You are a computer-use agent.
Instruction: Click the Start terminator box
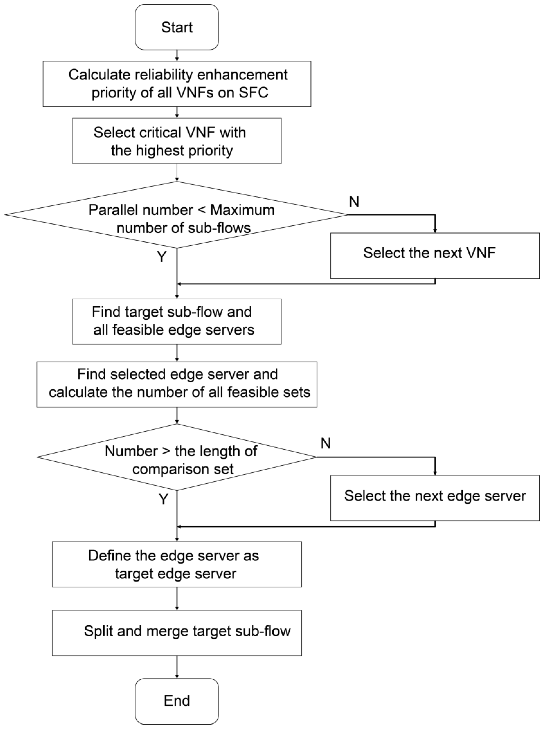[x=177, y=27]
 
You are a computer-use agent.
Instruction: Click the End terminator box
[x=177, y=701]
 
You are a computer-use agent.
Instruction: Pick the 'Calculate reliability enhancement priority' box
[x=177, y=84]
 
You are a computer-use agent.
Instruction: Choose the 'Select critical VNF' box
[x=177, y=141]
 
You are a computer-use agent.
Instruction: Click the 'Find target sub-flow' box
[x=177, y=322]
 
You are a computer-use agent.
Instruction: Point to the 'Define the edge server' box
[x=177, y=564]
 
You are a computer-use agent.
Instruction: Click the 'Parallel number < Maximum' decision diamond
[x=177, y=215]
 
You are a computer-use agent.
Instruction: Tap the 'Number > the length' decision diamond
[x=177, y=457]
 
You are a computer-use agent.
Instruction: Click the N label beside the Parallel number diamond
[x=354, y=202]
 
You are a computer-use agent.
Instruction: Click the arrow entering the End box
[x=177, y=667]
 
